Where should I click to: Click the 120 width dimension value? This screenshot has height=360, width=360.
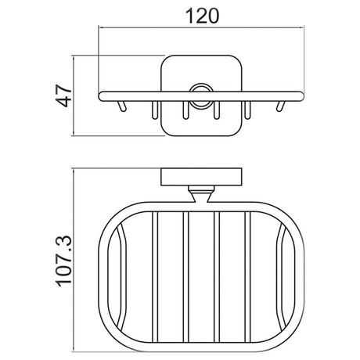[x=202, y=16]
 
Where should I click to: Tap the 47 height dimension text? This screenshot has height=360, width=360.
[x=64, y=95]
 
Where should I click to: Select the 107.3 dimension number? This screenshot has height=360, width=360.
[x=63, y=261]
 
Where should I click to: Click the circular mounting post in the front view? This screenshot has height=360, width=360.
[x=201, y=96]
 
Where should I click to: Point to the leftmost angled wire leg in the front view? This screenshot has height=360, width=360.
[x=122, y=106]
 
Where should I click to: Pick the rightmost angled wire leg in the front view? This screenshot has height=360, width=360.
[x=280, y=106]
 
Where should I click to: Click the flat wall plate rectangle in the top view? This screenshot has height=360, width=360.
[x=201, y=177]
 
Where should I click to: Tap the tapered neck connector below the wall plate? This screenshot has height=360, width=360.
[x=201, y=194]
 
